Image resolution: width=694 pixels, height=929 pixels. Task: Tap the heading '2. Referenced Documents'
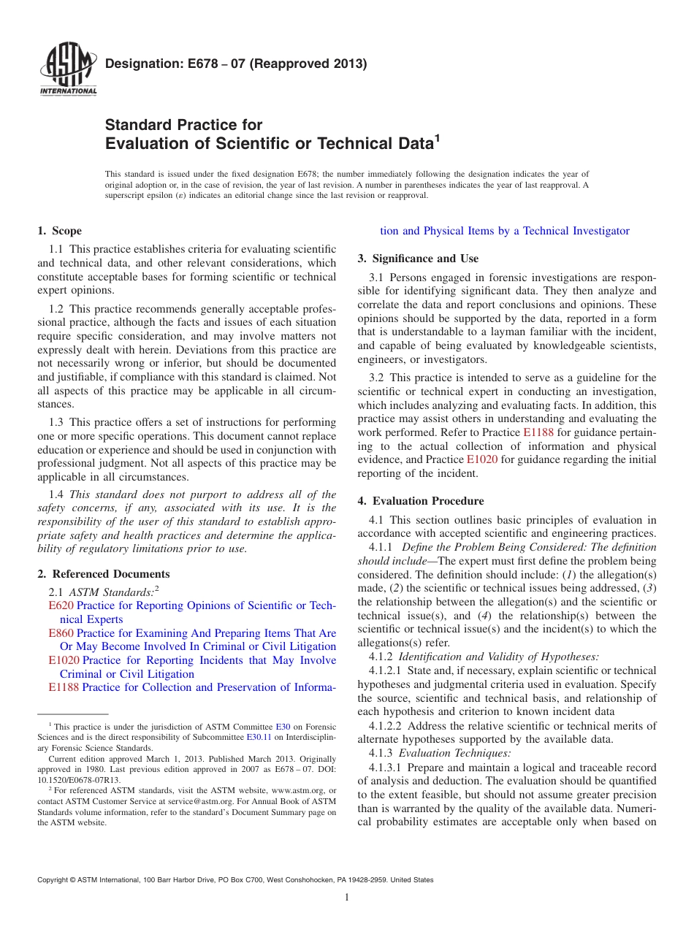pyautogui.click(x=104, y=574)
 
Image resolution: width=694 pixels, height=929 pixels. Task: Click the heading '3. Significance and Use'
pyautogui.click(x=418, y=259)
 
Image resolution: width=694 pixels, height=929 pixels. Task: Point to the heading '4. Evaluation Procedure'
pyautogui.click(x=421, y=501)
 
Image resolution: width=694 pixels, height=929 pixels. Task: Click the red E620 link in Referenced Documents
pyautogui.click(x=61, y=605)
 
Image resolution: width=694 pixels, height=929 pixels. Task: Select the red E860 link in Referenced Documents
pyautogui.click(x=61, y=633)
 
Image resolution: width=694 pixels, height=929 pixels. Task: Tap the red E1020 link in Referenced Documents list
pyautogui.click(x=64, y=660)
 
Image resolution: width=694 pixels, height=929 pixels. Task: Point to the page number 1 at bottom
pyautogui.click(x=347, y=898)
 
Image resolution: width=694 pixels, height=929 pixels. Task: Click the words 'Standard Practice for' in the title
pyautogui.click(x=183, y=125)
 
